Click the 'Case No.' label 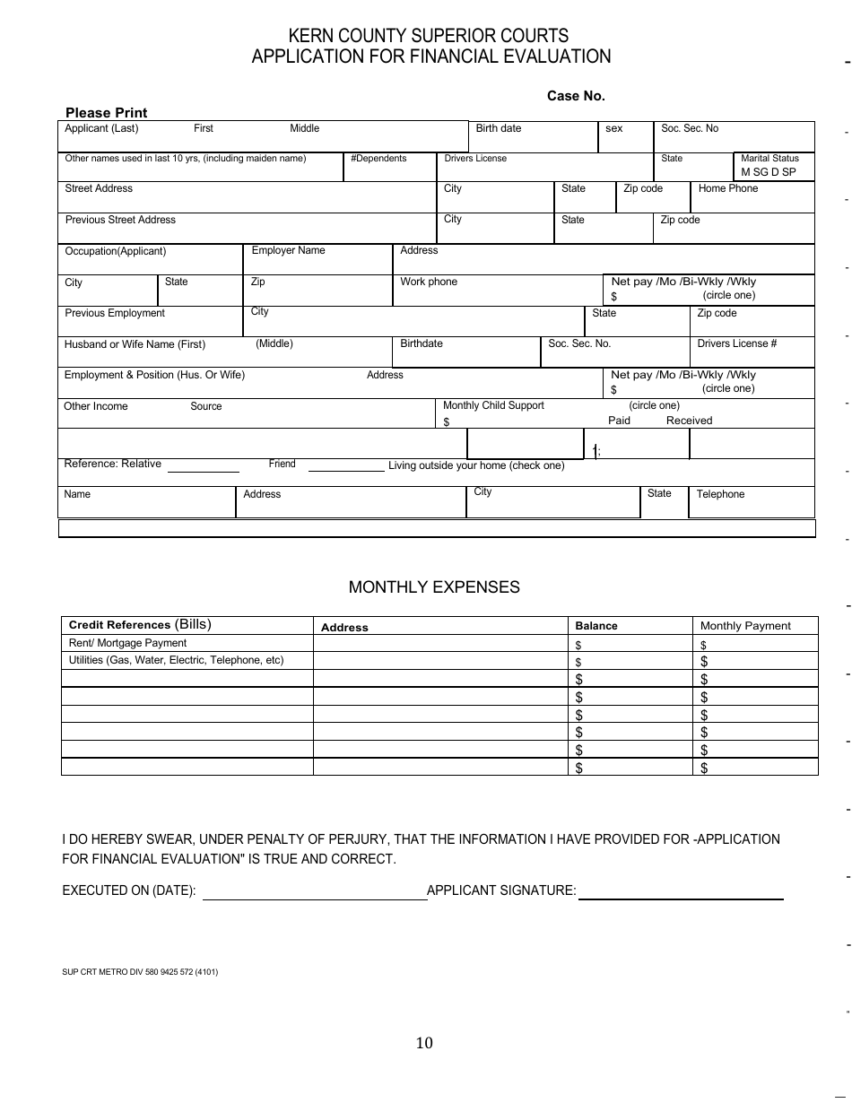coord(576,96)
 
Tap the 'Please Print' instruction coord(106,113)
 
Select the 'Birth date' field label coord(498,128)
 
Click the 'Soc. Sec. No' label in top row coord(689,128)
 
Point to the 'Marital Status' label coord(769,159)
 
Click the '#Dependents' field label coord(378,159)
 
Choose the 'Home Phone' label coord(727,188)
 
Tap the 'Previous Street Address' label coord(120,220)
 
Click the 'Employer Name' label coord(288,250)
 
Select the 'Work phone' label coord(428,282)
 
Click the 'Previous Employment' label coord(115,313)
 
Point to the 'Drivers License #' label coord(736,343)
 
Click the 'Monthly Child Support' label coord(493,405)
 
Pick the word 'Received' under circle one coord(689,421)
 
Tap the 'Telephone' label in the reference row coord(720,494)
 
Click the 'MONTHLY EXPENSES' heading coord(434,587)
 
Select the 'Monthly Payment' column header coord(744,626)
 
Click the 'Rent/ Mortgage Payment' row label coord(127,643)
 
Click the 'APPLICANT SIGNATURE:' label coord(501,890)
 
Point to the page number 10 coord(424,1042)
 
